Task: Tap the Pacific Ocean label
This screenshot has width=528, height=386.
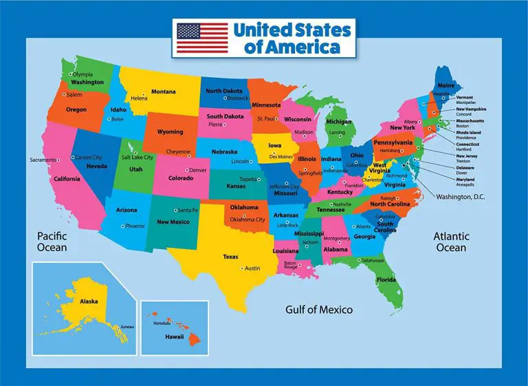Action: (52, 242)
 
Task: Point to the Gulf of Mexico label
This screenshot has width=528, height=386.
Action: (319, 310)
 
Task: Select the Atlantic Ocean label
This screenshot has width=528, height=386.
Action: (450, 242)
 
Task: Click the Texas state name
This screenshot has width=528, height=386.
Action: (230, 257)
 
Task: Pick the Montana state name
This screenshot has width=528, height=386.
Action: (164, 92)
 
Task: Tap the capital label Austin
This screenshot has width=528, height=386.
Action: (252, 268)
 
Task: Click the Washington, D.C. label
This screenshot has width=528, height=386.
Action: (461, 197)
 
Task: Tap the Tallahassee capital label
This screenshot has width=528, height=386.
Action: (373, 261)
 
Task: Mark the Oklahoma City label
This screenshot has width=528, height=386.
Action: (247, 219)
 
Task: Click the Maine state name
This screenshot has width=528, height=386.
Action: (446, 85)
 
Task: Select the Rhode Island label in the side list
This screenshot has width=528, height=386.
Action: (472, 131)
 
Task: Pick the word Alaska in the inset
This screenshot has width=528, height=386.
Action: (89, 301)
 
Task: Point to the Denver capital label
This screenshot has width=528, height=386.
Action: (198, 170)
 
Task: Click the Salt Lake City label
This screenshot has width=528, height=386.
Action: (137, 157)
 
